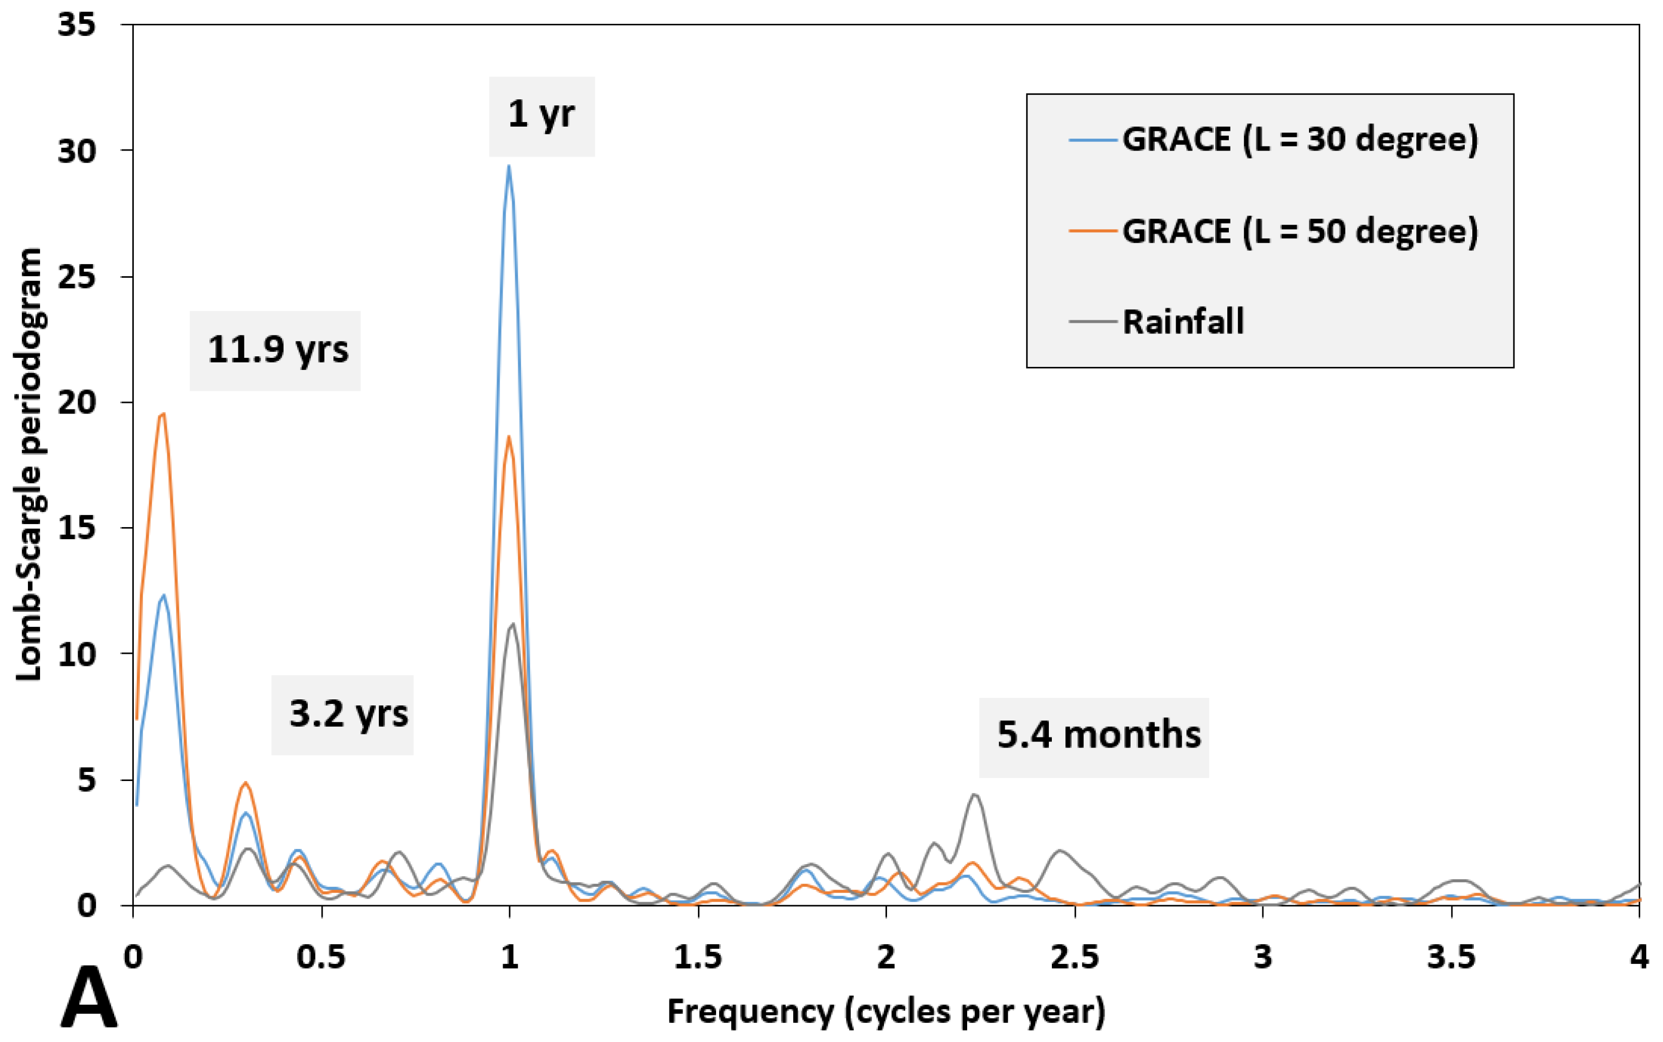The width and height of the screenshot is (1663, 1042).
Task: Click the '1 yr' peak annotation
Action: (541, 115)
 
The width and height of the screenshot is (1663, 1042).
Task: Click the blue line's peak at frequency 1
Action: (509, 166)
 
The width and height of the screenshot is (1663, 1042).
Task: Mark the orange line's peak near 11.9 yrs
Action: (163, 414)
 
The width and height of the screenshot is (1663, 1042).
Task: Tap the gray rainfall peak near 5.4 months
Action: (974, 795)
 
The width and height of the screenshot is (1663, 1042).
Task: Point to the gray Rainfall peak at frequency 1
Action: (512, 624)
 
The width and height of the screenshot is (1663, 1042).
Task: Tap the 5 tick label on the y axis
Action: (86, 779)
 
